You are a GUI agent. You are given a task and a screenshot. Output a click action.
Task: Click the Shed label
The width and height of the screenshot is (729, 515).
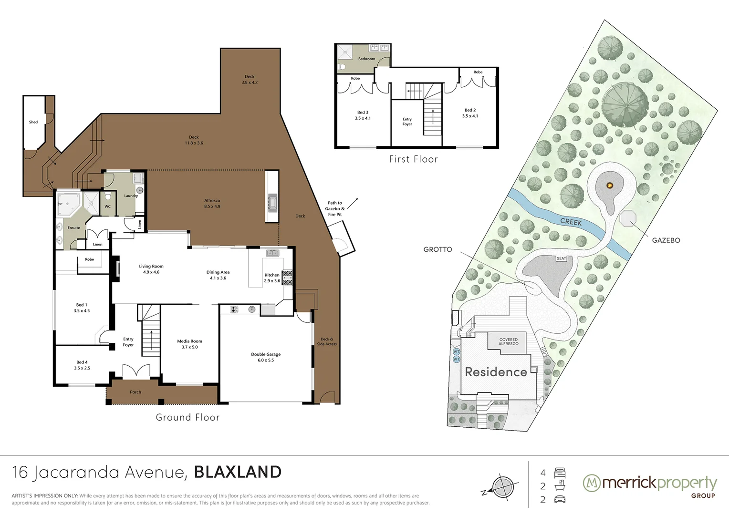(33, 122)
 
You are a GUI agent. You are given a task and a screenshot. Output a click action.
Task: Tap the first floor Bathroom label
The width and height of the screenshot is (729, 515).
(366, 59)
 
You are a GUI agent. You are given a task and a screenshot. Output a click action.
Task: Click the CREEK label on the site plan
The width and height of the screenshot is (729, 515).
(571, 222)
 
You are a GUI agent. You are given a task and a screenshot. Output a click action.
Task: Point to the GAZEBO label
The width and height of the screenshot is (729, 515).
(666, 240)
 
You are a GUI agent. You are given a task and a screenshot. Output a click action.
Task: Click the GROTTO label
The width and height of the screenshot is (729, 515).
(437, 249)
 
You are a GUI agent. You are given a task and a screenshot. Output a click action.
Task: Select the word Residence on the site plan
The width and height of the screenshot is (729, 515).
(496, 372)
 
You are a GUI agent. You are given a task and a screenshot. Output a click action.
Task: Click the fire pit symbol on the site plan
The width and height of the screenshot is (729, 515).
(609, 185)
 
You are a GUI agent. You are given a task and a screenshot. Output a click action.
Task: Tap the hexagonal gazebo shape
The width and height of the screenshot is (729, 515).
(628, 218)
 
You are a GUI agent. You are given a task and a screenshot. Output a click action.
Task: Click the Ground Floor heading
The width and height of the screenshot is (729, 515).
(187, 417)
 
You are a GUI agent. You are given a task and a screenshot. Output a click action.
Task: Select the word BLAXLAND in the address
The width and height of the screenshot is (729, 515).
(238, 472)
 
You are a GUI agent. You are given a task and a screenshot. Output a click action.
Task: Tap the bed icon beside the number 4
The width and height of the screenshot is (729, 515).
(560, 473)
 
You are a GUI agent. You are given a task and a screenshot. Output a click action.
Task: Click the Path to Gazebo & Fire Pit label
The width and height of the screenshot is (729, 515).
(335, 209)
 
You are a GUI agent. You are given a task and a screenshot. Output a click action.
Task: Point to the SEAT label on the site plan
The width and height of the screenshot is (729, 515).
(561, 258)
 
